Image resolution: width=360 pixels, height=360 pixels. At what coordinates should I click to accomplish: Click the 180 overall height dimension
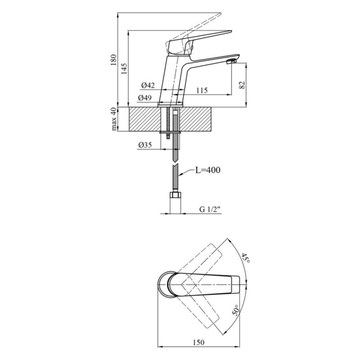pyautogui.click(x=114, y=60)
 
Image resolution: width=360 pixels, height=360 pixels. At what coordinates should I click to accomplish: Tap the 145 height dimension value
pyautogui.click(x=124, y=68)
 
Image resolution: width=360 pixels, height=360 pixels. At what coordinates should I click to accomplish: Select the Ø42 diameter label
pyautogui.click(x=148, y=85)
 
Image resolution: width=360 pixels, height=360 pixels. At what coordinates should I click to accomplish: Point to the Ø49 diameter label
pyautogui.click(x=145, y=98)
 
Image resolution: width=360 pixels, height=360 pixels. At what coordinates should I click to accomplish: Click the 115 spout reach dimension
pyautogui.click(x=202, y=90)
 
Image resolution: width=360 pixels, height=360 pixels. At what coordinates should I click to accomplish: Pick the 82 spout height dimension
pyautogui.click(x=242, y=85)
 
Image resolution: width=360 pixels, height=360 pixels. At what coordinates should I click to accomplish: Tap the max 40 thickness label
pyautogui.click(x=114, y=119)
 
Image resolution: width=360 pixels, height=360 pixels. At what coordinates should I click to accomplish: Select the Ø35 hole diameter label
pyautogui.click(x=145, y=145)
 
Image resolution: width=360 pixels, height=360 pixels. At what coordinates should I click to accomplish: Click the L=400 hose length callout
pyautogui.click(x=208, y=170)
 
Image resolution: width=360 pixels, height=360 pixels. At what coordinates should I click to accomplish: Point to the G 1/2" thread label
pyautogui.click(x=210, y=209)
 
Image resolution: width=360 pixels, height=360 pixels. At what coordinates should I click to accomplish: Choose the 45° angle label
pyautogui.click(x=245, y=258)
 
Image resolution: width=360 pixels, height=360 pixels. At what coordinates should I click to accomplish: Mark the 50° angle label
pyautogui.click(x=237, y=309)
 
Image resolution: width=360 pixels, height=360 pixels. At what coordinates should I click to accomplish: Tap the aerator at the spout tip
pyautogui.click(x=231, y=62)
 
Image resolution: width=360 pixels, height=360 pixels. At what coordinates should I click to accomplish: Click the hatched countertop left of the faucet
pyautogui.click(x=144, y=119)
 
